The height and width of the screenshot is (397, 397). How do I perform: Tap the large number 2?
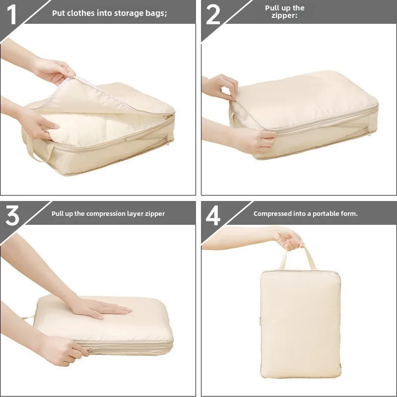pyautogui.click(x=213, y=14)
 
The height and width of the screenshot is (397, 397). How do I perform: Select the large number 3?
pyautogui.click(x=12, y=216)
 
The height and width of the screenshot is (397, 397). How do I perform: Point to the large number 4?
pyautogui.click(x=213, y=216)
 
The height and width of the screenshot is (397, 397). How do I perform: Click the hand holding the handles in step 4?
pyautogui.click(x=288, y=238)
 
